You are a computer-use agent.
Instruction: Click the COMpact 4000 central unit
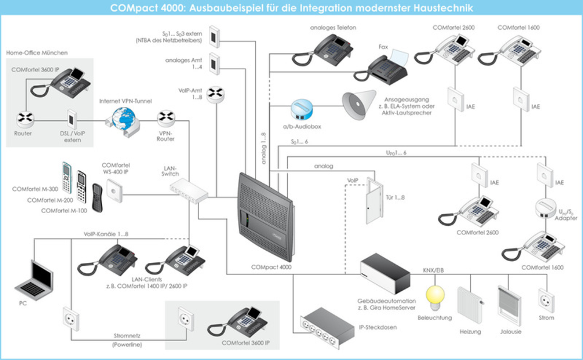266,217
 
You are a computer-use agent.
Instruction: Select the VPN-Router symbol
166,118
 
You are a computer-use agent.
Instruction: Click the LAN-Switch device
189,191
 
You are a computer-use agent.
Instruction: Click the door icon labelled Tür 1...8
375,200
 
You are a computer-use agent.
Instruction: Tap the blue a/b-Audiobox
302,109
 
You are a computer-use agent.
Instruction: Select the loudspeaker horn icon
359,105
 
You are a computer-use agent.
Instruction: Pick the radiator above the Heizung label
470,305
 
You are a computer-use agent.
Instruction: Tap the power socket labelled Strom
546,301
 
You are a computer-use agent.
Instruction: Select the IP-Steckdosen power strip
327,328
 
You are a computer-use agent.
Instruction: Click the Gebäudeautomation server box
385,273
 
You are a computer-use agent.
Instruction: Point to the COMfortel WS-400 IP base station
115,191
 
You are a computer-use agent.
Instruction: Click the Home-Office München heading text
37,53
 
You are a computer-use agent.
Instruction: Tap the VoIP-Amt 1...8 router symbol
216,94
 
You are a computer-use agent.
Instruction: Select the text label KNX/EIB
433,270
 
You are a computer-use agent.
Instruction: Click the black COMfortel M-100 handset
97,198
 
